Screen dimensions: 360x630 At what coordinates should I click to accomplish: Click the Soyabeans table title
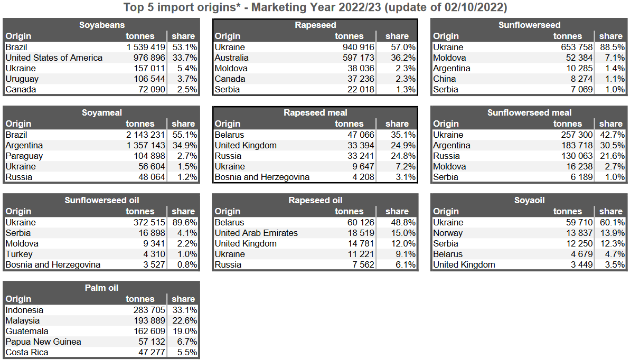pos(102,25)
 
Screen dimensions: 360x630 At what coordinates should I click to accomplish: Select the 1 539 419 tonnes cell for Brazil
pos(145,47)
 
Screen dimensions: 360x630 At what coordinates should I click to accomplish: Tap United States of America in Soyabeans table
pos(54,58)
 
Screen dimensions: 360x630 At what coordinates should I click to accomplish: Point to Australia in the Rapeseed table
pos(231,58)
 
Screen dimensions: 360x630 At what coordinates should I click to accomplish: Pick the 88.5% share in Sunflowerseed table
pos(612,47)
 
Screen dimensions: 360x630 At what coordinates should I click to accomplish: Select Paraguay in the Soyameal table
pos(24,156)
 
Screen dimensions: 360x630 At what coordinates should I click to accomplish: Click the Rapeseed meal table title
pos(315,112)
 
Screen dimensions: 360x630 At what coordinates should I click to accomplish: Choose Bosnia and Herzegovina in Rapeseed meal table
pos(262,177)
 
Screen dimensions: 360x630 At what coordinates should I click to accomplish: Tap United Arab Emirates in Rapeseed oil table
pos(256,233)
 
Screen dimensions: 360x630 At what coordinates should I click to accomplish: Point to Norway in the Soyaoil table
pos(448,233)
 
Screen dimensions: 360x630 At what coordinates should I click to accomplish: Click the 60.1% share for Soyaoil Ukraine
pos(612,222)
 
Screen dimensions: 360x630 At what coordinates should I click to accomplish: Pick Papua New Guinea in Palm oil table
pos(43,342)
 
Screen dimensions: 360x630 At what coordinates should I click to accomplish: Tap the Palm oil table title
pos(101,288)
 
